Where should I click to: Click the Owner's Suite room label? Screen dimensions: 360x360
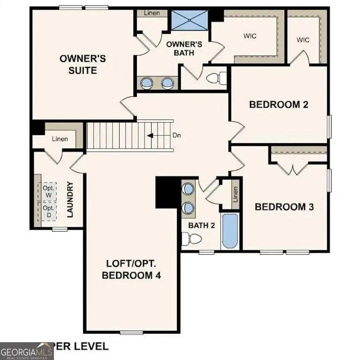click(82, 65)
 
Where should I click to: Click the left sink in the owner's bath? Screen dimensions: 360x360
click(147, 83)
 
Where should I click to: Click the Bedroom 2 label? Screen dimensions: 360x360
click(278, 104)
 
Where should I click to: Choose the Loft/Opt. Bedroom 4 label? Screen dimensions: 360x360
click(131, 269)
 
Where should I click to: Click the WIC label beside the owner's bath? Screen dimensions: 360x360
click(249, 36)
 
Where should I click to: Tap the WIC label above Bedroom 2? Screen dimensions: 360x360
click(303, 39)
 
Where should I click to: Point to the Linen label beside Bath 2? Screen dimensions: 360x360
click(235, 194)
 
